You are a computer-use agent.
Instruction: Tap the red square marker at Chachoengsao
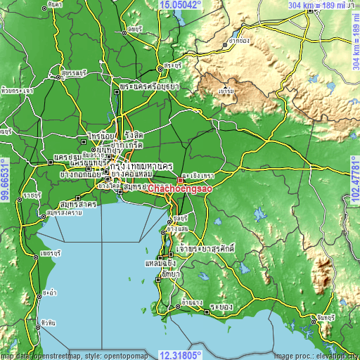[180, 180]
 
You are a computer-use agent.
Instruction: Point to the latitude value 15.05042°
[180, 5]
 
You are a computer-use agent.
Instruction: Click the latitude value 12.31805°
[180, 354]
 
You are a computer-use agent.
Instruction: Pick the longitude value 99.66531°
[5, 180]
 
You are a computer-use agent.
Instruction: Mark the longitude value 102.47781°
[354, 180]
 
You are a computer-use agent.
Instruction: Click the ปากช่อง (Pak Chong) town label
[239, 41]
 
